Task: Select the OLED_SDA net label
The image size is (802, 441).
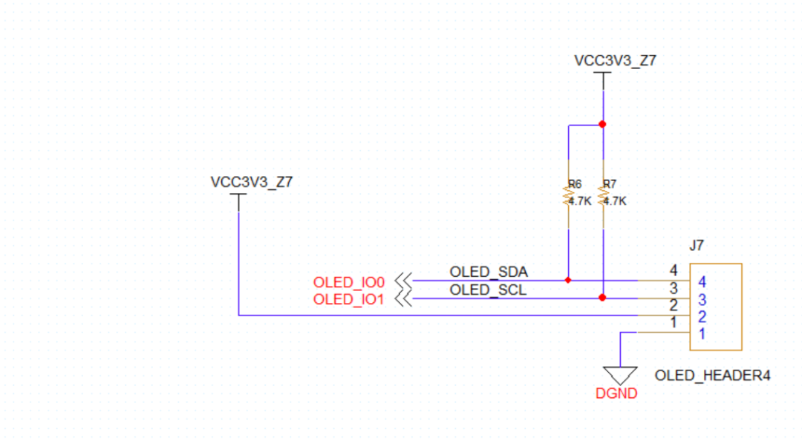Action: (x=488, y=272)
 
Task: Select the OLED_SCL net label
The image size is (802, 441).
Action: (x=488, y=290)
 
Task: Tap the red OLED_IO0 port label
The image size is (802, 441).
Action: (x=349, y=282)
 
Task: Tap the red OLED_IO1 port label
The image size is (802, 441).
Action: (x=349, y=299)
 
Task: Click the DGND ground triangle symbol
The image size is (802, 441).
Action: (x=619, y=375)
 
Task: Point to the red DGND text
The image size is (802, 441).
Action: (x=616, y=394)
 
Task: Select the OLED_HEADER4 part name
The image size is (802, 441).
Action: (x=712, y=376)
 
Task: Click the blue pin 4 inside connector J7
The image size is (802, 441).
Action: (x=702, y=282)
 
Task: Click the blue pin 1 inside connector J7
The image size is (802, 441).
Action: (x=702, y=335)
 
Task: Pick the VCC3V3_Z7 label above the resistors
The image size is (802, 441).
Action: (x=615, y=61)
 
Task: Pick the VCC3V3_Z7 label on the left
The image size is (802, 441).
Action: (x=252, y=182)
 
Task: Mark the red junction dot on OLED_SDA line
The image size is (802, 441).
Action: (x=568, y=281)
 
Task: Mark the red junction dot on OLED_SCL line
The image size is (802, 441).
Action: (x=602, y=298)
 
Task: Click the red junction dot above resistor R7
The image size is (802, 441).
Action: (x=602, y=124)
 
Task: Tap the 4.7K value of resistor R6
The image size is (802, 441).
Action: (x=579, y=201)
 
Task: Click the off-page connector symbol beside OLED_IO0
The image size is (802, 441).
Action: (x=403, y=281)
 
